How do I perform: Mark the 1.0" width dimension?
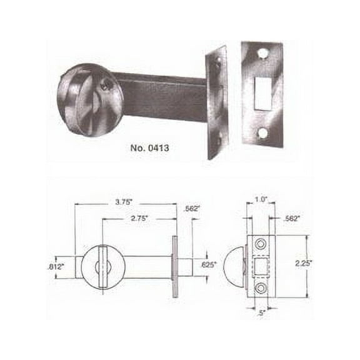pyautogui.click(x=261, y=200)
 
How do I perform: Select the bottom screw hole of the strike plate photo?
pyautogui.click(x=262, y=132)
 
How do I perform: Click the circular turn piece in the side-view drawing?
pyautogui.click(x=104, y=266)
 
